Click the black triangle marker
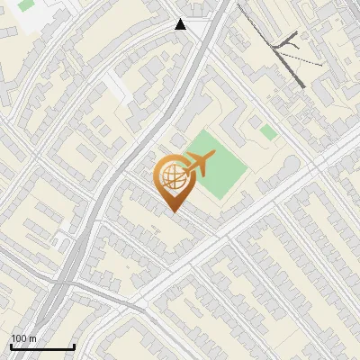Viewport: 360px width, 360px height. pos(181,24)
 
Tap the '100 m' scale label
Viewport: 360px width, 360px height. pos(24,338)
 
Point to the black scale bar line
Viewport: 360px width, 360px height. pos(42,346)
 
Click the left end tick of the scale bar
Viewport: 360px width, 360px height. pos(11,346)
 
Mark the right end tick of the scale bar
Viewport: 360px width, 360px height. pos(74,346)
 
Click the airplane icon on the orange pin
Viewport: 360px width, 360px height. pos(197,164)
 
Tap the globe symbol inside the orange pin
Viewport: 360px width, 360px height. pos(172,177)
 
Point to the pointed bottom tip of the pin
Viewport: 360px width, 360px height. pos(175,211)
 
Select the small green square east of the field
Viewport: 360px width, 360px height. pos(268,132)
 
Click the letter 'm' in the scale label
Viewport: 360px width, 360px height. pos(32,338)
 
